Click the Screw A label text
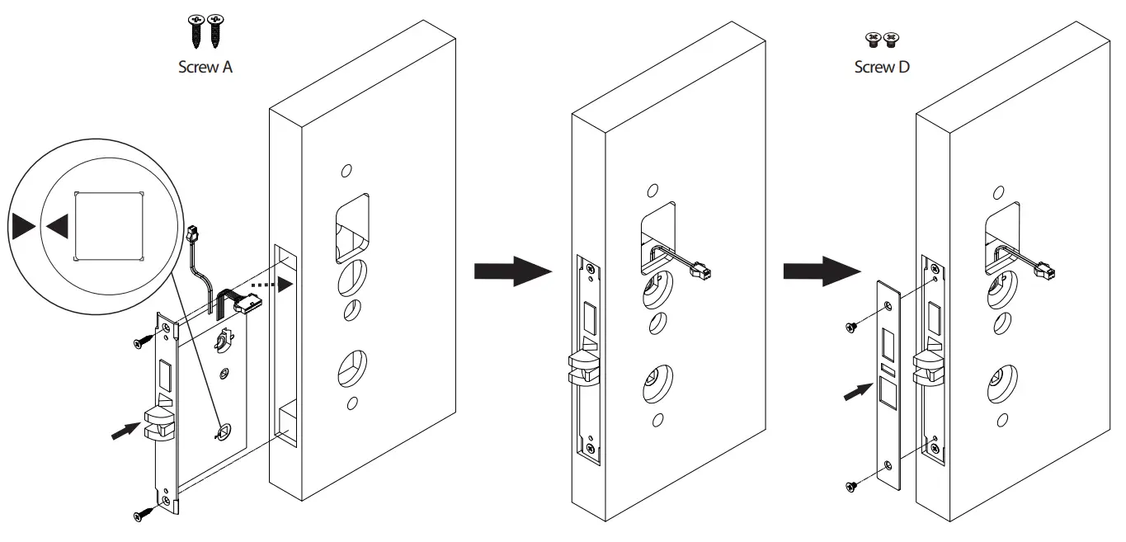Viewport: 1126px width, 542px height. [205, 68]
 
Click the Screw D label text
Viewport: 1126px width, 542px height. [882, 68]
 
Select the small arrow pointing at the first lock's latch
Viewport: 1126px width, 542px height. [124, 430]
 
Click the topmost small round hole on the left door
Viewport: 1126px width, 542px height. [346, 172]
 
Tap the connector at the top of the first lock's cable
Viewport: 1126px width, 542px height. [195, 235]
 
